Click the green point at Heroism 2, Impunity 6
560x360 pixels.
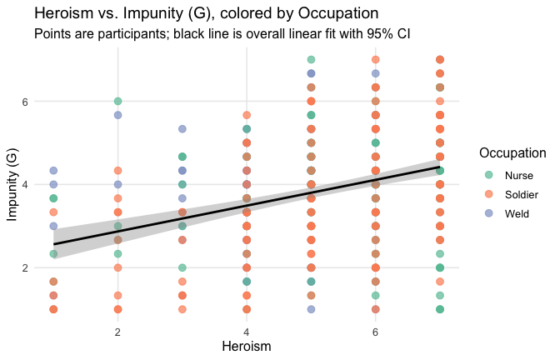(118, 101)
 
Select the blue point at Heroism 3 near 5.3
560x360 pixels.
(182, 129)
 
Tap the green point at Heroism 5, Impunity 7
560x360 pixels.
(311, 60)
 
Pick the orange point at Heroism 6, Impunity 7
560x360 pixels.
(376, 60)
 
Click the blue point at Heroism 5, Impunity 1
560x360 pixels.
(311, 309)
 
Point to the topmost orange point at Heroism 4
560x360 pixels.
(247, 115)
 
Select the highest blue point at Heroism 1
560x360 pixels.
(53, 171)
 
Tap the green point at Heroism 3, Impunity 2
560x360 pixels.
(182, 267)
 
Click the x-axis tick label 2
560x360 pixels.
(118, 331)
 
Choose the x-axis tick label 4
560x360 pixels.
(247, 331)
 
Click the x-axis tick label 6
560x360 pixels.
(376, 331)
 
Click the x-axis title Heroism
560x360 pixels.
(247, 345)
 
